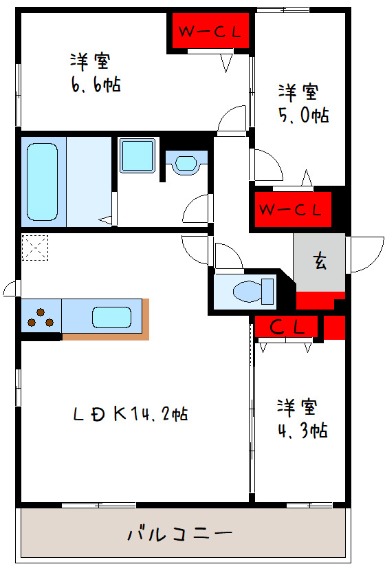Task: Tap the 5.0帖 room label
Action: tap(302, 103)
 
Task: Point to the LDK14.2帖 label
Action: tap(131, 414)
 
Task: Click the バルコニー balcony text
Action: tap(180, 533)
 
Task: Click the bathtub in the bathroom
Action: tap(43, 180)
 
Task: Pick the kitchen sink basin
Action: tap(112, 317)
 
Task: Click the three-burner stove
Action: tap(41, 316)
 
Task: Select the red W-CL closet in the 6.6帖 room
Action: tap(209, 32)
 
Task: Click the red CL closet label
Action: tap(286, 327)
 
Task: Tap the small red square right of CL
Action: tap(334, 327)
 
